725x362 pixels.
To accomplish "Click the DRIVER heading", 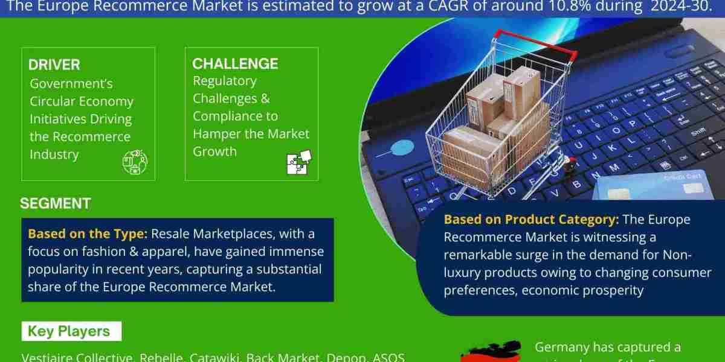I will pos(54,65).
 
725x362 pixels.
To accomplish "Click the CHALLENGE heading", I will pos(235,63).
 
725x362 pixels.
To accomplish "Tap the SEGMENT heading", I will pos(55,203).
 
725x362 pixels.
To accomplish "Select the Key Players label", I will pos(69,331).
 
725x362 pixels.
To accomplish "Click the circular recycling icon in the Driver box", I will pos(135,162).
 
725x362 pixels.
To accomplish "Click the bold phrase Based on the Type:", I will pos(88,233).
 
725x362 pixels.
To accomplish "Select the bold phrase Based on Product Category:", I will pos(532,219).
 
